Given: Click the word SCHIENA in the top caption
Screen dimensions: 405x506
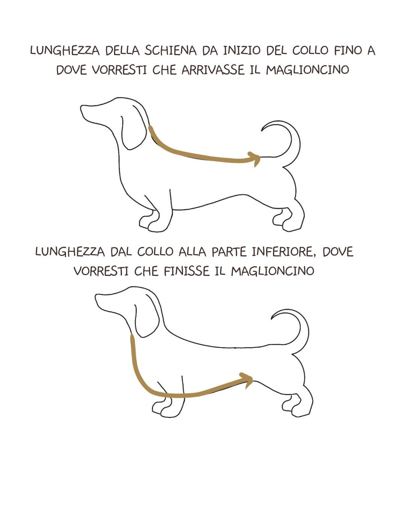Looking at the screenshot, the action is coord(170,51).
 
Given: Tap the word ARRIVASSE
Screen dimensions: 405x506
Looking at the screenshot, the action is coord(213,70).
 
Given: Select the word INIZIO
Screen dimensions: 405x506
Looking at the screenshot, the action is coord(241,51).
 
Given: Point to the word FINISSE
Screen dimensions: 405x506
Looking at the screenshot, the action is coord(186,271).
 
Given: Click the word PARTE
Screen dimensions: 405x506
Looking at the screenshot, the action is coord(229,252).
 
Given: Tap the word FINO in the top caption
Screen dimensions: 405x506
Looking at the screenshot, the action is coord(348,51).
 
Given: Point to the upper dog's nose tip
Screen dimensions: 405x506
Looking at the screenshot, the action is coord(81,109).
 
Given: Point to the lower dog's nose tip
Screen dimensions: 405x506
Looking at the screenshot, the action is coord(96,298).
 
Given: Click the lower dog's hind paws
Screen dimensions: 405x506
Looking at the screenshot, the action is coord(298,407).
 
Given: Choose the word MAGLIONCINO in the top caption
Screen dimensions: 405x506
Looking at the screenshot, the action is coord(307,70).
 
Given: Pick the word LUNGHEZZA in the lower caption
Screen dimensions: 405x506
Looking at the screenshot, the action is coord(70,252).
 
